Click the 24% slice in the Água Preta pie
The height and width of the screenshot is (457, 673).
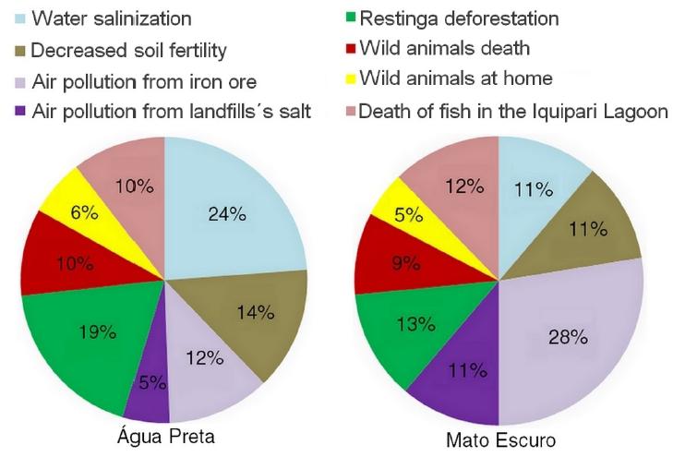(x=231, y=217)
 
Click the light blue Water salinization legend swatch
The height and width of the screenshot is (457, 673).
(x=19, y=18)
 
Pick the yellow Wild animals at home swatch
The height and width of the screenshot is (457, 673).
(x=349, y=78)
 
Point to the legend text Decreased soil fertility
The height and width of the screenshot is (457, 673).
(x=128, y=48)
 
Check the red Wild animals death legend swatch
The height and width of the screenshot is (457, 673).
(x=349, y=47)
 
